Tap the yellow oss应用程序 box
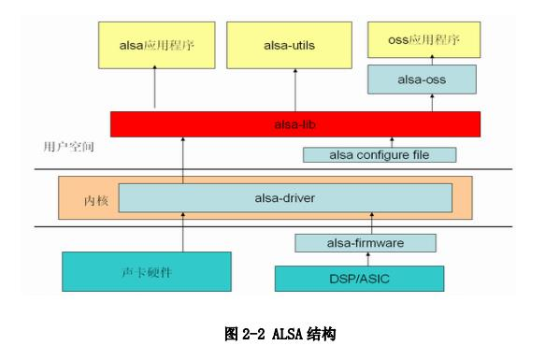(x=424, y=40)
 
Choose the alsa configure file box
(x=379, y=154)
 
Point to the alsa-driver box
(x=285, y=197)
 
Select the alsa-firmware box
(x=366, y=243)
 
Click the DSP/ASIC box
(x=359, y=278)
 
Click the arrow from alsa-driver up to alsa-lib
(x=184, y=159)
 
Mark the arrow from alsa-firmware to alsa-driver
(x=371, y=223)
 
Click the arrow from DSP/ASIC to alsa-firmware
(x=371, y=259)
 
